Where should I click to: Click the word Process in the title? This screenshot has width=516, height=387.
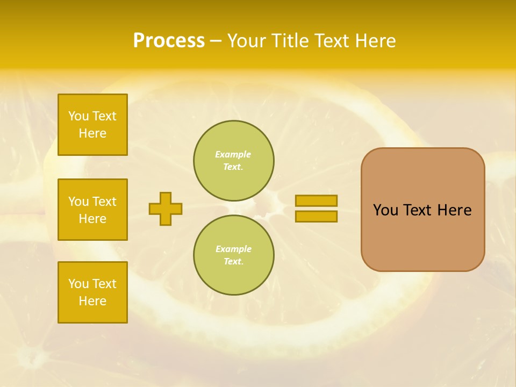click(x=169, y=41)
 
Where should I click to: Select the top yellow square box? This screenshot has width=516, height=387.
click(x=92, y=125)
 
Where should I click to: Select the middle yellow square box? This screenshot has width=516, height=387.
click(x=92, y=210)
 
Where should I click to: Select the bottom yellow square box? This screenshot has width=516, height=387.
click(x=92, y=292)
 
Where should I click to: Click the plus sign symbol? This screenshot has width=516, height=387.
click(x=166, y=209)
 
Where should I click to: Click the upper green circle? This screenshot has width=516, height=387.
click(x=234, y=161)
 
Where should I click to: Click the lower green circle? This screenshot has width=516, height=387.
click(x=234, y=255)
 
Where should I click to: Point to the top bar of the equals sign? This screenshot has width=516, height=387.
click(x=316, y=200)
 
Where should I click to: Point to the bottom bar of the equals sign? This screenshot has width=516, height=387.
click(x=316, y=216)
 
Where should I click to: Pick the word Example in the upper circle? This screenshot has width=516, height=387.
click(x=233, y=154)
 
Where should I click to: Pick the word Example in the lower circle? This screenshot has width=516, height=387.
click(x=233, y=249)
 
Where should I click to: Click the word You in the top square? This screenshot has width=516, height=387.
click(x=78, y=116)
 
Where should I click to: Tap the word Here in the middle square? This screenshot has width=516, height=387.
click(x=92, y=219)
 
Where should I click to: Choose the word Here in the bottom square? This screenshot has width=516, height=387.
click(x=92, y=301)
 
